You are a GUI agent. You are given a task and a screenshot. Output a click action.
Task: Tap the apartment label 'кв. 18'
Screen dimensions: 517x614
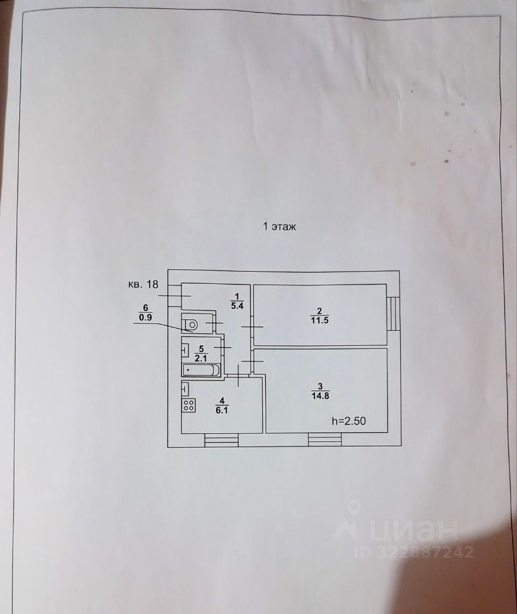pyautogui.click(x=143, y=285)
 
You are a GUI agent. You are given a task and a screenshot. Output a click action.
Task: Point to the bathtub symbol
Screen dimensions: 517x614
pyautogui.click(x=201, y=370)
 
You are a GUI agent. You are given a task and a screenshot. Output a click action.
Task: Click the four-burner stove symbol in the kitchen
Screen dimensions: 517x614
pyautogui.click(x=189, y=404)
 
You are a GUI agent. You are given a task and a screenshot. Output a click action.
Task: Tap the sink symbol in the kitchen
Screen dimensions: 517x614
pyautogui.click(x=185, y=388)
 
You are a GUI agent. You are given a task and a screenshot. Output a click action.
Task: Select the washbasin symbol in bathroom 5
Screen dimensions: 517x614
pyautogui.click(x=185, y=350)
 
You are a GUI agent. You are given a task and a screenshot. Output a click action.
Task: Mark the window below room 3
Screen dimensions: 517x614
pyautogui.click(x=325, y=439)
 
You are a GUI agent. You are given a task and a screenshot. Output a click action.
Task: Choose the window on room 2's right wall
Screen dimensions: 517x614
pyautogui.click(x=394, y=313)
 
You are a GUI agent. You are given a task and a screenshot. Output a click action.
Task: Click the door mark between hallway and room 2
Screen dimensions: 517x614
pyautogui.click(x=252, y=327)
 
